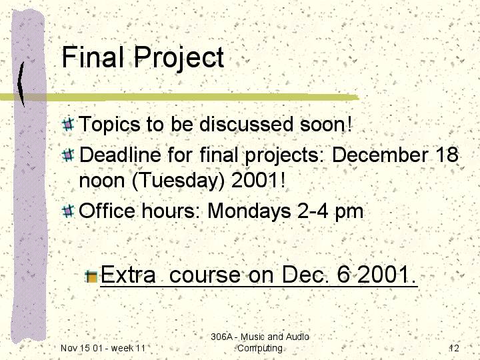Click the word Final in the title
pyautogui.click(x=93, y=57)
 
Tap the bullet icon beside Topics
pyautogui.click(x=68, y=124)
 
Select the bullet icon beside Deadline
pyautogui.click(x=68, y=155)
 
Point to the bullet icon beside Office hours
pyautogui.click(x=68, y=211)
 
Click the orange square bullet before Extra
pyautogui.click(x=91, y=277)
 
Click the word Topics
pyautogui.click(x=109, y=125)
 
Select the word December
pyautogui.click(x=379, y=155)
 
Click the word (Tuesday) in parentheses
pyautogui.click(x=178, y=181)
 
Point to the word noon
pyautogui.click(x=101, y=181)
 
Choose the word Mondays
pyautogui.click(x=249, y=212)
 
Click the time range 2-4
pyautogui.click(x=313, y=211)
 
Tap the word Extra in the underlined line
pyautogui.click(x=128, y=275)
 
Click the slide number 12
pyautogui.click(x=454, y=348)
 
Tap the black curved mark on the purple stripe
pyautogui.click(x=21, y=84)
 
